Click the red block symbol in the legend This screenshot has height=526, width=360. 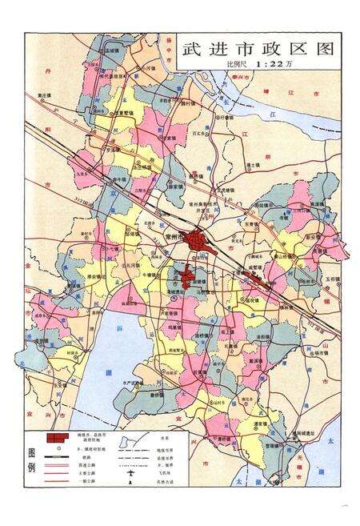coord(58,439)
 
